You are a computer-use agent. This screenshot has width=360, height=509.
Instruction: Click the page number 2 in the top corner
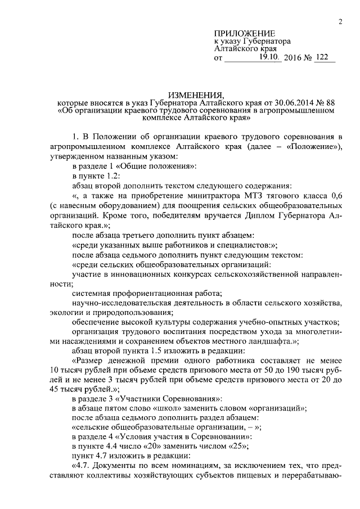point(341,22)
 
